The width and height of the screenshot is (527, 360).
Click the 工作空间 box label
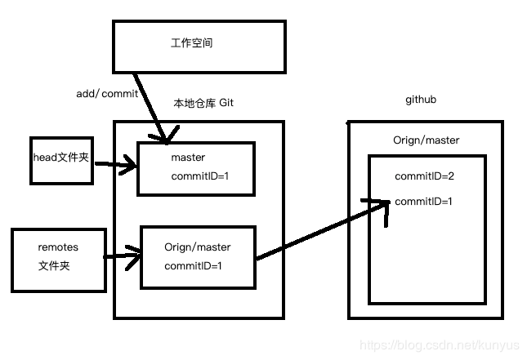[x=192, y=43]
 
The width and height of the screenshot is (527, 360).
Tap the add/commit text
[x=107, y=94]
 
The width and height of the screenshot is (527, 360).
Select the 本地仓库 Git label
[x=210, y=104]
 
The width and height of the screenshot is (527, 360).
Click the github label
[x=422, y=100]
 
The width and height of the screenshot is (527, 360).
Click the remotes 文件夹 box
[x=59, y=260]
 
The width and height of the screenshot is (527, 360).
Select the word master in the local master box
[x=188, y=158]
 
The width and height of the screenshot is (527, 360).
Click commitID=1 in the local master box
[x=200, y=176]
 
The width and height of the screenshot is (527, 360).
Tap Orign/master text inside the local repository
[x=197, y=247]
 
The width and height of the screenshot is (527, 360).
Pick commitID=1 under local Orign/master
[x=193, y=266]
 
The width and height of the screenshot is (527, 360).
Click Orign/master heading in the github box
[x=426, y=140]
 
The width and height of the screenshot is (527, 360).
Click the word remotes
[x=58, y=247]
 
